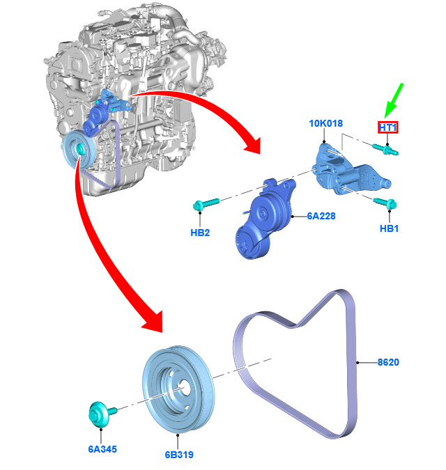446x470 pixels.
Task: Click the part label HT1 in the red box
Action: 388,127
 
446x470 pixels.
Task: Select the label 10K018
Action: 325,123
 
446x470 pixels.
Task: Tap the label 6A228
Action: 321,216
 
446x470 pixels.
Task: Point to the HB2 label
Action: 200,233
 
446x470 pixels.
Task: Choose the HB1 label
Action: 389,228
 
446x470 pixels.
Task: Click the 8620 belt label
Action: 388,362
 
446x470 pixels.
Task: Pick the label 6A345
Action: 102,449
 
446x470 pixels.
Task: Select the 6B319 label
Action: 179,455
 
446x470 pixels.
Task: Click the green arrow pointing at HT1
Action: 393,101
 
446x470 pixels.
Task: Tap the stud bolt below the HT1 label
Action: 385,149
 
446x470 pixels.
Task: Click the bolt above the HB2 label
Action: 206,204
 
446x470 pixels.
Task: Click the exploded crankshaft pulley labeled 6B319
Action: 178,389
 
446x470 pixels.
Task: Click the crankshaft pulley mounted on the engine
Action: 79,151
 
